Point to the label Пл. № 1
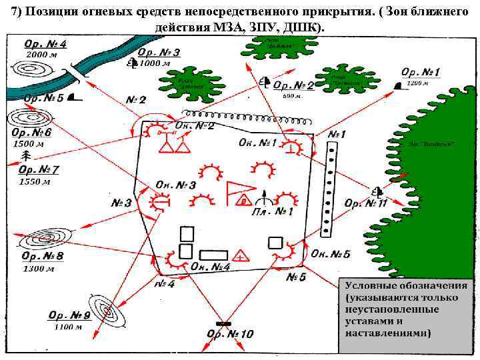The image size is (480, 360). [x=273, y=212]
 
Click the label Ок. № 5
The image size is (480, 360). [x=330, y=253]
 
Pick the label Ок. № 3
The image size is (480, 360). [x=175, y=185]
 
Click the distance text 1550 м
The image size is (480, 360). [x=35, y=181]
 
